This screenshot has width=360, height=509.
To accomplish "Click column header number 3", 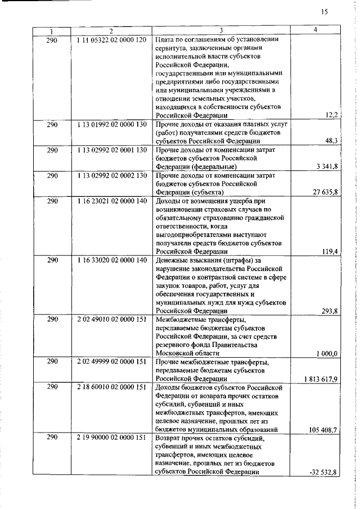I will (221, 30).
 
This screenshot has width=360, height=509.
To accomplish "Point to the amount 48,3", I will (331, 141).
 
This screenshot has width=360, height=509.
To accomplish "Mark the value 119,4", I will (330, 251).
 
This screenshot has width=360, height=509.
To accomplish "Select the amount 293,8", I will (329, 310).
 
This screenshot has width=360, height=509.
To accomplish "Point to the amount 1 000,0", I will (327, 353).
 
